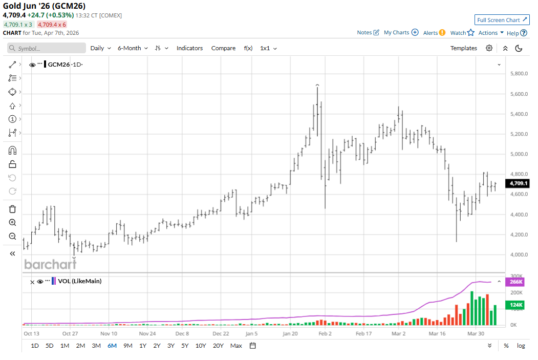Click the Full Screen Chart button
click(x=502, y=20)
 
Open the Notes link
click(x=368, y=32)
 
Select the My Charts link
click(x=401, y=32)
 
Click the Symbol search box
click(x=47, y=48)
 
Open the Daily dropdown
click(x=100, y=48)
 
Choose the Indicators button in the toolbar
click(x=189, y=48)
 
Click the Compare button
click(x=223, y=48)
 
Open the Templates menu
click(x=463, y=48)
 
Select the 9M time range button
click(x=128, y=346)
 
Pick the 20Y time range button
click(x=218, y=346)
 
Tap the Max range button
click(x=236, y=346)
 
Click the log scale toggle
click(x=521, y=346)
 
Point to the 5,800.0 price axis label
click(x=519, y=74)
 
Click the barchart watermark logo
click(x=50, y=264)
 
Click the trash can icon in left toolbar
click(x=13, y=209)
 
